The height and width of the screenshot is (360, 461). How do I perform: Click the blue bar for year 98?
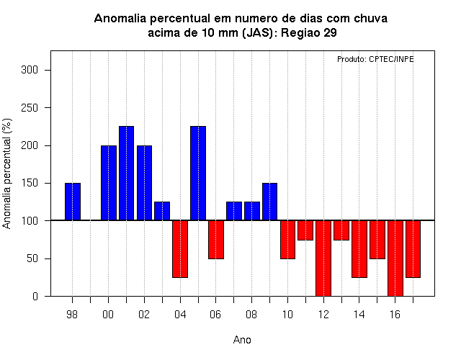pos(73,202)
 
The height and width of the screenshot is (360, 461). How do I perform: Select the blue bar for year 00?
pos(109,183)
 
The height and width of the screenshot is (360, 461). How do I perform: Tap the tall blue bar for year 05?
pos(198,173)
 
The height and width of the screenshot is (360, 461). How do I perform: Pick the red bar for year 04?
pos(180,249)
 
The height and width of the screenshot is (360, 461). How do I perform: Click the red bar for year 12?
pos(323,258)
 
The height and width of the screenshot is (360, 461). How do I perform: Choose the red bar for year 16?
pos(395,258)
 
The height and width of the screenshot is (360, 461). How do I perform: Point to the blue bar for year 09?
pos(269,202)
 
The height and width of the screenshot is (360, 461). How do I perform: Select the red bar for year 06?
pos(216,240)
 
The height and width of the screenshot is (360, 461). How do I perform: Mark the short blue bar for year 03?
pos(162,211)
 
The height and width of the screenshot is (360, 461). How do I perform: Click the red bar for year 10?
pos(287,240)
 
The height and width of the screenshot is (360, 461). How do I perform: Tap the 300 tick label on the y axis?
pos(30,70)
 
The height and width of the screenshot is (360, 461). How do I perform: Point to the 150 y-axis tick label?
pos(30,183)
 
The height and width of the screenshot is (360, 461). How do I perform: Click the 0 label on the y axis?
pos(35,296)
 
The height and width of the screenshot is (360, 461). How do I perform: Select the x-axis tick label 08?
pos(251,315)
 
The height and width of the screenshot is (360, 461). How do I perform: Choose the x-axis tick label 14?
pos(359,315)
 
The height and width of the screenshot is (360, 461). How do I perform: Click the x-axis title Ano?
pos(242,340)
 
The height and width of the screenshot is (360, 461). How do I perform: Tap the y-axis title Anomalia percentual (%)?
pos(6,174)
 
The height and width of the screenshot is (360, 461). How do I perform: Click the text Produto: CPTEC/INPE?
pos(375,59)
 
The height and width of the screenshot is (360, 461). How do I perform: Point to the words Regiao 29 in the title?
pos(309,32)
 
